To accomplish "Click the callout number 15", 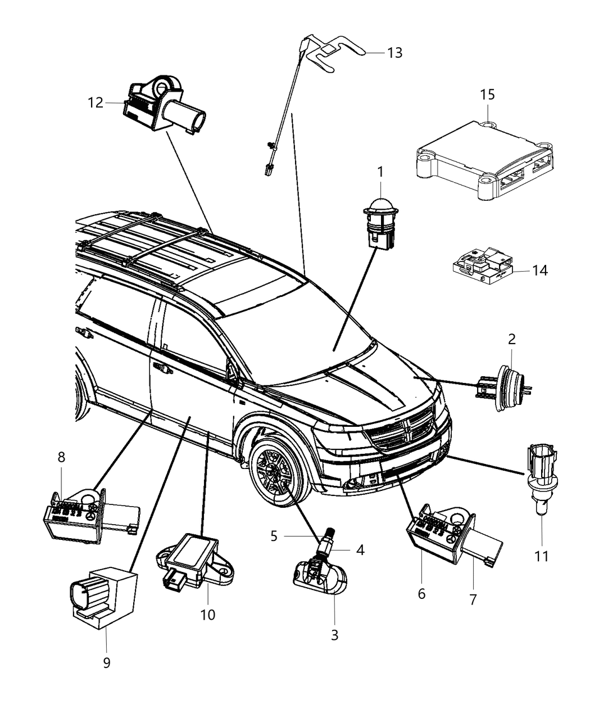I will tap(487, 95).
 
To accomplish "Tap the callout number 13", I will tap(395, 53).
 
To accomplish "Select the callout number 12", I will tap(96, 103).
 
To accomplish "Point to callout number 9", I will tap(107, 663).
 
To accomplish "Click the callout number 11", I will tap(541, 556).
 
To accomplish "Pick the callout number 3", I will tap(334, 635).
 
